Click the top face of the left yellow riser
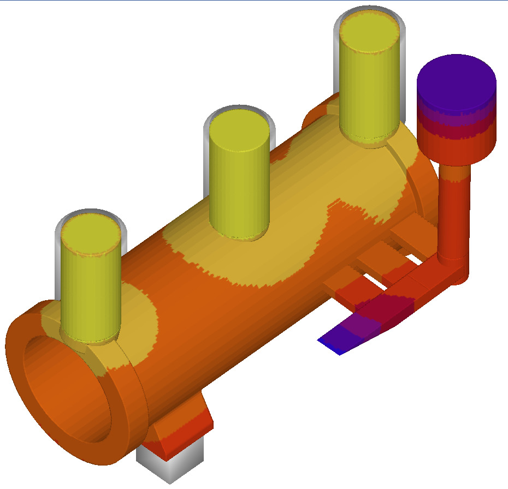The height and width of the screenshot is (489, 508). tap(91, 236)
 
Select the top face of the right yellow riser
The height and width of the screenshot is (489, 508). tap(369, 32)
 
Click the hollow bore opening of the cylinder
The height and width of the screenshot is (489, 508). tap(66, 387)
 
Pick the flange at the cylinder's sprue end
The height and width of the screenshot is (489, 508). tap(421, 180)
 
